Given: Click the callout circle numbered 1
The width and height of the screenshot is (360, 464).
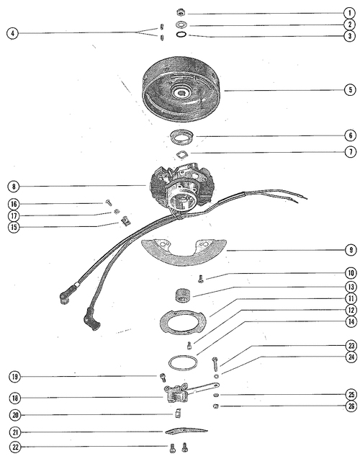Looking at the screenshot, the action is tap(350, 13).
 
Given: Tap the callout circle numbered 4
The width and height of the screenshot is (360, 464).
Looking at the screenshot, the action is tap(12, 33).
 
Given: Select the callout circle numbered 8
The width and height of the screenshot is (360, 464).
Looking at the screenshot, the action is tap(14, 187).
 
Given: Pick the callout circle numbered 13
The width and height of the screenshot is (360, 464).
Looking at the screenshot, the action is tap(351, 287).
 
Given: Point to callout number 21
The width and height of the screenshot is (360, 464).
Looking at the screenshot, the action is tap(15, 432).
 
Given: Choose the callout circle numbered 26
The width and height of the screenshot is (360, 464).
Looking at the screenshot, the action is tap(351, 406).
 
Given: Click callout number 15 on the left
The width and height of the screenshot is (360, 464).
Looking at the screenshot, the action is tap(14, 227).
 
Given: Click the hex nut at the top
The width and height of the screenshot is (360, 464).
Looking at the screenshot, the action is tap(181, 12).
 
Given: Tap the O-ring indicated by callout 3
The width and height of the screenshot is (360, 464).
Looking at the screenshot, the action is tap(181, 35).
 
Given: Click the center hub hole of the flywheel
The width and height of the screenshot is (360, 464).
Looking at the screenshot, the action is tap(181, 93).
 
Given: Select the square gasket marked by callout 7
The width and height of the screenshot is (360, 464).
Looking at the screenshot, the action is tap(181, 155).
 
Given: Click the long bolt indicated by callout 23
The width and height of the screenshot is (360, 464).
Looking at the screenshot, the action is tap(215, 362).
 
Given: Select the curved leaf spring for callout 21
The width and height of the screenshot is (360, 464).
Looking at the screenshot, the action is tap(186, 431).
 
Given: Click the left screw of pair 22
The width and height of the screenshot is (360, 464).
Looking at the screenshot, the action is tap(173, 448).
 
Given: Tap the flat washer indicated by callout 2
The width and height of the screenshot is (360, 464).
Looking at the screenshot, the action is tap(181, 24).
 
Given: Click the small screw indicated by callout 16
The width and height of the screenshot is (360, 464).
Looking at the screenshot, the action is tap(108, 202).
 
